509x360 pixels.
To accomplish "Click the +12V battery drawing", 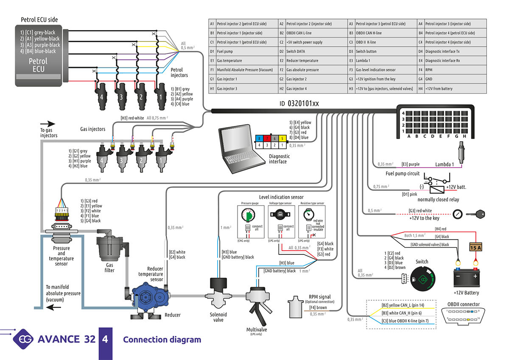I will (x=466, y=276).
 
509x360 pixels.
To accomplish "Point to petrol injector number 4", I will (x=101, y=96).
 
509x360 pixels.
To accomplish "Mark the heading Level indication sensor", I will (x=281, y=197).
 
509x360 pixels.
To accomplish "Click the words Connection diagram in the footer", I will (x=162, y=340).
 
